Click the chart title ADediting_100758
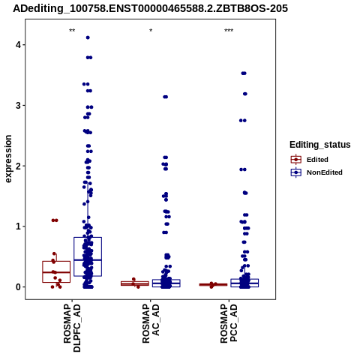150,8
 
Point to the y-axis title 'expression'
8,159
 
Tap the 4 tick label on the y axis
18,45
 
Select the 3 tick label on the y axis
18,106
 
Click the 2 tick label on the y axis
18,166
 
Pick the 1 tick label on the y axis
18,226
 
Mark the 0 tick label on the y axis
18,287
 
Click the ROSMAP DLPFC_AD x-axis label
72,328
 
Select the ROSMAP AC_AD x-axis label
151,324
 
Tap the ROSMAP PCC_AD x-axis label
229,324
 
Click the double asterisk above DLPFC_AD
72,31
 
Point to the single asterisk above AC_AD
151,31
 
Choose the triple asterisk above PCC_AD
229,31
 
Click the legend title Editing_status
320,145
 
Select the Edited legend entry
310,160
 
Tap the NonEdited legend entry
316,172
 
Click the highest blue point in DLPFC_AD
88,37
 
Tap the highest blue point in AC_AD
166,97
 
